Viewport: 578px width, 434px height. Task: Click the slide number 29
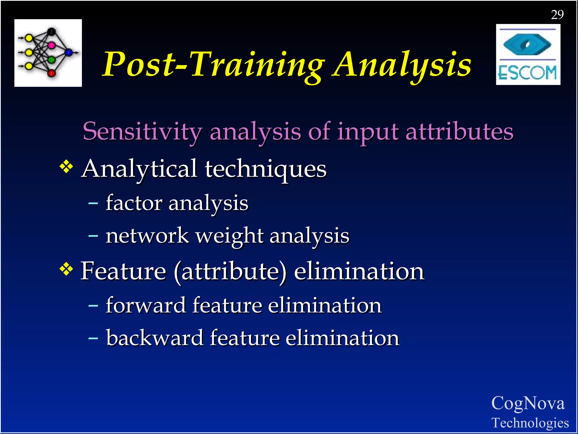pos(557,15)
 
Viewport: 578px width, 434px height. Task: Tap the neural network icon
pos(48,53)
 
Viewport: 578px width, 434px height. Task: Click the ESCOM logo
pos(528,55)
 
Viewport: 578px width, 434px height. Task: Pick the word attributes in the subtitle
pos(459,132)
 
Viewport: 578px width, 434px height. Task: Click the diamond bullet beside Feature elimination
pos(66,269)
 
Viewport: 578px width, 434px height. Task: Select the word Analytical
pos(139,169)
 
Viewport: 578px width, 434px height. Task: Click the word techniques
pos(266,169)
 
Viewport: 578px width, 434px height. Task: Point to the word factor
pos(134,203)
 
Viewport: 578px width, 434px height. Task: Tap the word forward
pos(146,305)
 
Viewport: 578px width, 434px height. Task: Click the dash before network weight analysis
pos(93,236)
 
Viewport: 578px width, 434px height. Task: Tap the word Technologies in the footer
pos(530,423)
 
